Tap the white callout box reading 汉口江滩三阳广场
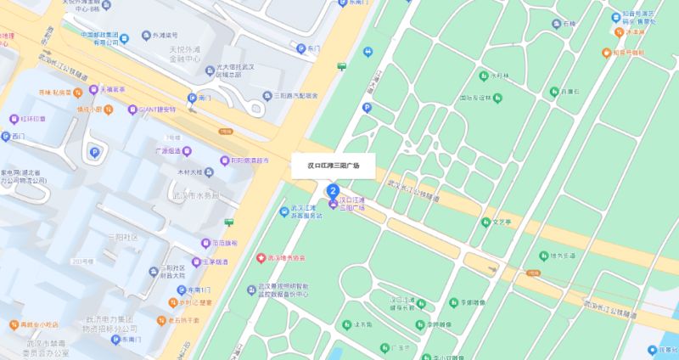333,166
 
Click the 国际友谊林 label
475,98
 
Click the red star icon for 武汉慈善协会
261,257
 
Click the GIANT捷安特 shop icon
132,110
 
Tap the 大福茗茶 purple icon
97,88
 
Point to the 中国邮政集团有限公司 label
97,38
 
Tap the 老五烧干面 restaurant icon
160,320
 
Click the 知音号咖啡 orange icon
617,53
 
